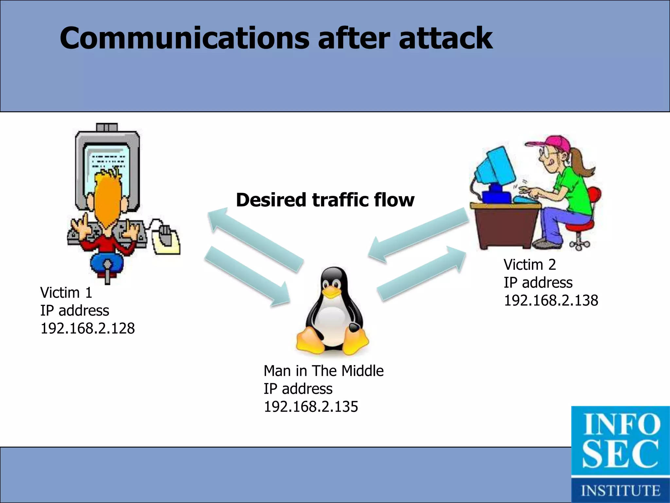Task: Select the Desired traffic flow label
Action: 325,200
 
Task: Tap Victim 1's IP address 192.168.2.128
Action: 87,328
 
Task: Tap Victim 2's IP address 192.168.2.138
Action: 551,301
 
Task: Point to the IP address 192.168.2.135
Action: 311,407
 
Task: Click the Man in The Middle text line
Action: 323,371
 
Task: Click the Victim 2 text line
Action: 529,265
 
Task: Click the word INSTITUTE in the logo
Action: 620,491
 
